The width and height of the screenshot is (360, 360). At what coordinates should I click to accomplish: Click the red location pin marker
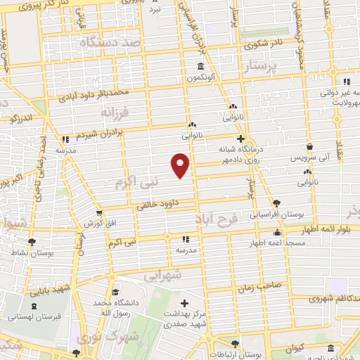[181, 165]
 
